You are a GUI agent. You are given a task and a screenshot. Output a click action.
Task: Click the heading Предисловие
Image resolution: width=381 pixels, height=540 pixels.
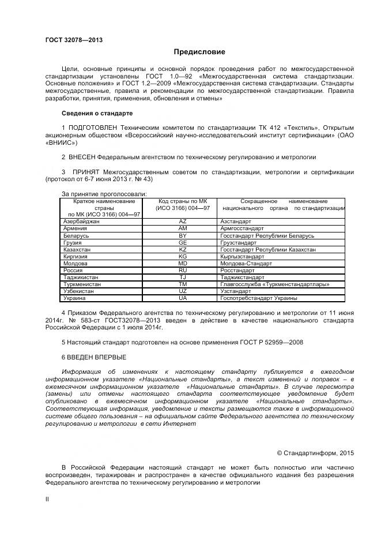[191, 52]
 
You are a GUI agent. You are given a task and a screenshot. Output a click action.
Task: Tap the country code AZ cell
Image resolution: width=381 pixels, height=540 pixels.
[183, 222]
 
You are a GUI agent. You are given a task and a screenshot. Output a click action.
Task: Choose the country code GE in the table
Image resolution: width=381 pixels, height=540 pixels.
[183, 243]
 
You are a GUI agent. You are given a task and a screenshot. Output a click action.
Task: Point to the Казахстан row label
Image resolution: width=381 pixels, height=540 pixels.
[77, 250]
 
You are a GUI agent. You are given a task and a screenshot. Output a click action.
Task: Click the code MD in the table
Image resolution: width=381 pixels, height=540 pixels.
[183, 264]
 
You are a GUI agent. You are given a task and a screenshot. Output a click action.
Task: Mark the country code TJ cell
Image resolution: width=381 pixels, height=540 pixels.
[183, 277]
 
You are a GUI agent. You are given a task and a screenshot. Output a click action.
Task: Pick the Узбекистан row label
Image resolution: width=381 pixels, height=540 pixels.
[79, 291]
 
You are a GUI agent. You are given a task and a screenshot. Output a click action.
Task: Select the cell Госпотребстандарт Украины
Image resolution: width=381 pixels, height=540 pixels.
[259, 298]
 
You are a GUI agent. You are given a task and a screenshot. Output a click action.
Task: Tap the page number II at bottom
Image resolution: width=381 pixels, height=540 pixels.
[47, 500]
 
